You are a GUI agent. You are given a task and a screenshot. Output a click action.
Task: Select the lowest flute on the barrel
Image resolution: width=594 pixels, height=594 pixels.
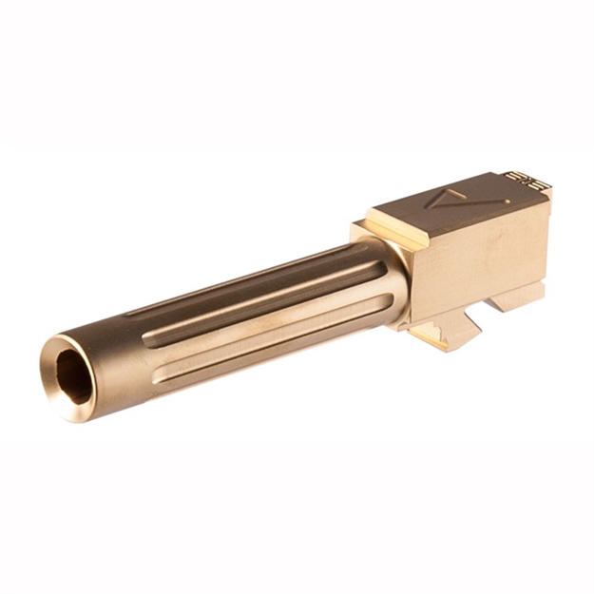coord(257,342)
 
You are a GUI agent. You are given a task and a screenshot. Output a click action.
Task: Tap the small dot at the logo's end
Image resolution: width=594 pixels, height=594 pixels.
coord(505,202)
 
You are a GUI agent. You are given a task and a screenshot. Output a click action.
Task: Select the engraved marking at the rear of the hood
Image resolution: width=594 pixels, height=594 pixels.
coord(519,178)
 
